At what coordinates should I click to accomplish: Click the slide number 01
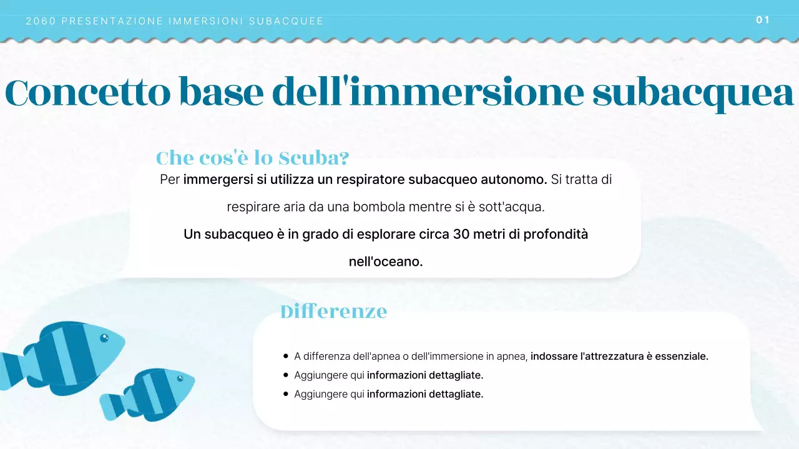[x=763, y=20]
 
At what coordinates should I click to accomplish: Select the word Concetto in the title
[x=87, y=93]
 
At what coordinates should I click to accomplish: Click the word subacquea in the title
[x=693, y=93]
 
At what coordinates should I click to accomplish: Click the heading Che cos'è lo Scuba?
[x=252, y=158]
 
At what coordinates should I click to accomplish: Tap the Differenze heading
[x=333, y=311]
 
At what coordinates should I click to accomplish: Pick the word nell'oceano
[x=386, y=262]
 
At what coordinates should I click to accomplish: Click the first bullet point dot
[x=286, y=356]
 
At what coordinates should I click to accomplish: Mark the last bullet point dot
[x=286, y=394]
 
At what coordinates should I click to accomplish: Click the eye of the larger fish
[x=104, y=338]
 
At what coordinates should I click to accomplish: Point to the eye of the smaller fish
[x=180, y=379]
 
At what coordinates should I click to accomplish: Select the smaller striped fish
[x=150, y=393]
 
